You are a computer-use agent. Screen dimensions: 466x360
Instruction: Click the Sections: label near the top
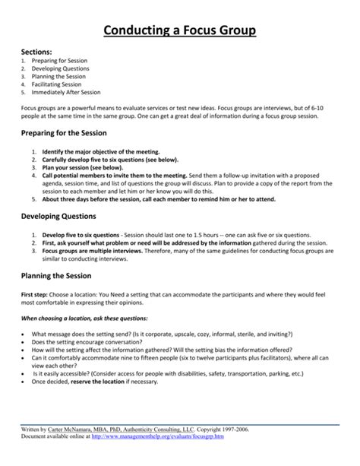coord(35,52)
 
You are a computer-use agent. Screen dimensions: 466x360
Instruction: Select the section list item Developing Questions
coord(62,69)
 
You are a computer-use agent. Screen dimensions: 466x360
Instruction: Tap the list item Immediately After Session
coord(66,92)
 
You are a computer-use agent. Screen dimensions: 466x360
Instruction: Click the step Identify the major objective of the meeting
coord(96,152)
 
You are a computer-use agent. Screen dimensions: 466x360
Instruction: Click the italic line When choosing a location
coord(84,317)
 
